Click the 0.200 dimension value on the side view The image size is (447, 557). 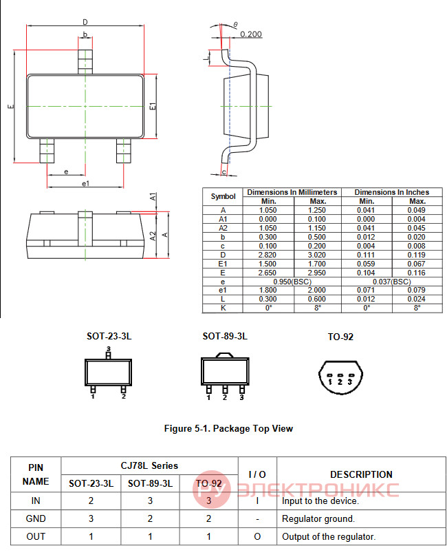251,34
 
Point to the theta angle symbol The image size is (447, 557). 236,25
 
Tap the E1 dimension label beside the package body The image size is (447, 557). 153,106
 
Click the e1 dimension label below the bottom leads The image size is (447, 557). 85,183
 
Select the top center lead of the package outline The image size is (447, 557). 85,62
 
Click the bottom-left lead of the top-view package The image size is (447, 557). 47,151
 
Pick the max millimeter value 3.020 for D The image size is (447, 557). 317,255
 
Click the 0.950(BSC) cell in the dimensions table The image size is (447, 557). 292,282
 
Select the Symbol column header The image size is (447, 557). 223,196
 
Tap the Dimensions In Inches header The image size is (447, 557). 392,192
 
